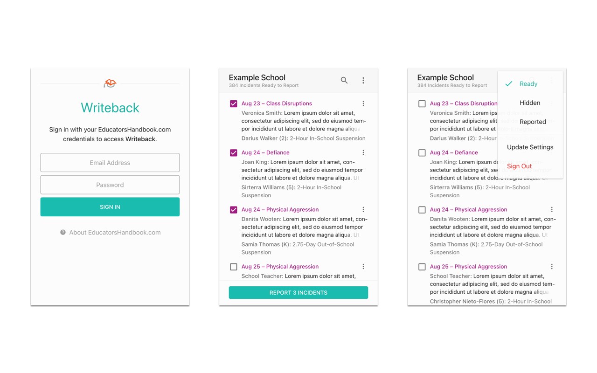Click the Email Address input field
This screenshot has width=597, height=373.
pos(110,163)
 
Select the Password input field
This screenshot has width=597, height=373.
pos(110,185)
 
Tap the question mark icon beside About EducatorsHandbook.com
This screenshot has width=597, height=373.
pos(63,232)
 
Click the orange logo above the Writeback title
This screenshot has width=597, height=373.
pos(110,83)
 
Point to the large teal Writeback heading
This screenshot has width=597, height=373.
pos(110,108)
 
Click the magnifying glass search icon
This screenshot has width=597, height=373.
pos(344,80)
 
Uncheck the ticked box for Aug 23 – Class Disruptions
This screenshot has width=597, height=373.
pos(234,104)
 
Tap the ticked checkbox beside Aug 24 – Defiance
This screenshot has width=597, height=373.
pos(234,152)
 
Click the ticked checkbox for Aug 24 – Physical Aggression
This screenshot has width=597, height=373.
pos(234,210)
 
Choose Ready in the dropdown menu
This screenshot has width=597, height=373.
pos(528,84)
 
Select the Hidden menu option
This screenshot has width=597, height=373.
pos(530,103)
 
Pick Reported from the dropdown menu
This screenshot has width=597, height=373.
pos(533,122)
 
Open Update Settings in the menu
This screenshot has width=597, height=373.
pos(530,147)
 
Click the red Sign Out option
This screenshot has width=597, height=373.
pos(519,166)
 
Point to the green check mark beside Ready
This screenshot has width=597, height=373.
pos(509,84)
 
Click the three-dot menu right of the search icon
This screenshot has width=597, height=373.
pos(363,80)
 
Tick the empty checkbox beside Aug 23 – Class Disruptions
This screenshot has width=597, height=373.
pos(422,104)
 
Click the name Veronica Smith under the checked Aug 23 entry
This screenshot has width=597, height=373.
pos(261,113)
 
